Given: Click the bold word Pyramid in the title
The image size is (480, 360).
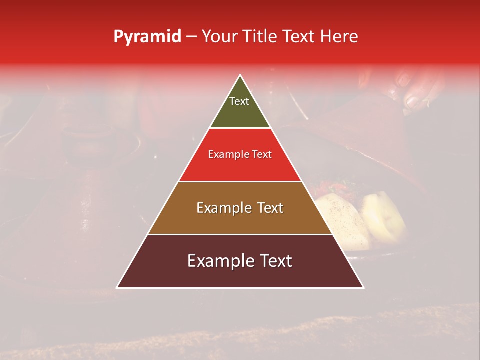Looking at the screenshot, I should pyautogui.click(x=147, y=37).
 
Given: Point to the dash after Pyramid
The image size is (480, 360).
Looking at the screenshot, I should pyautogui.click(x=191, y=37).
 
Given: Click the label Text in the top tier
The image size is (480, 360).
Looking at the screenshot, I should pyautogui.click(x=239, y=101).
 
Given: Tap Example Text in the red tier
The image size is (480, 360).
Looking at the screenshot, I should pyautogui.click(x=240, y=155).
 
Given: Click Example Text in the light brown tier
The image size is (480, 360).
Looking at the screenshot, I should pyautogui.click(x=240, y=208).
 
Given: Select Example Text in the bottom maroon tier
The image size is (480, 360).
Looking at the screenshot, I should pyautogui.click(x=240, y=261).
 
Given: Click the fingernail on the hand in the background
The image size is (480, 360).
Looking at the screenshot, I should pyautogui.click(x=413, y=102).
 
